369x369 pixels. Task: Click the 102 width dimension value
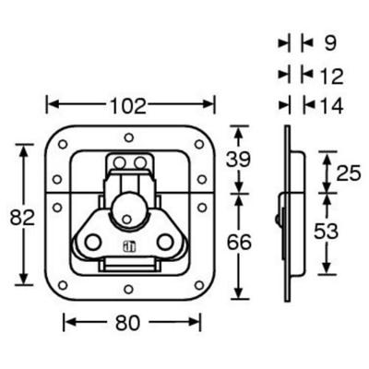click(x=128, y=106)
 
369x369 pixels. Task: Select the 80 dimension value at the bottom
click(x=128, y=323)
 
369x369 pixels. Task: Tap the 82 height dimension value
click(x=22, y=218)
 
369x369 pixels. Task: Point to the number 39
click(x=238, y=160)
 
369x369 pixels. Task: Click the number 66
click(x=239, y=243)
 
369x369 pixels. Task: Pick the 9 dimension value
click(x=330, y=43)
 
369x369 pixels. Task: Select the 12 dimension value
click(x=331, y=77)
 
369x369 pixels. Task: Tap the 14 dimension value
click(x=331, y=106)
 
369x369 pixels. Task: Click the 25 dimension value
click(x=348, y=173)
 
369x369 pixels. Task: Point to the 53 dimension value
click(x=326, y=232)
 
